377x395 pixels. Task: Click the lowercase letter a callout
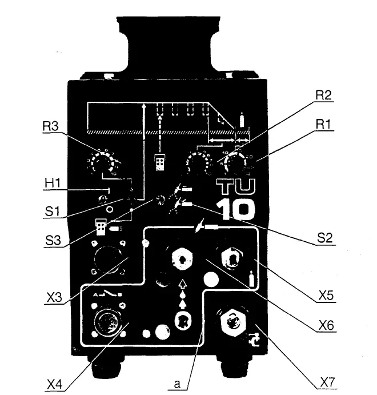[177, 385]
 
